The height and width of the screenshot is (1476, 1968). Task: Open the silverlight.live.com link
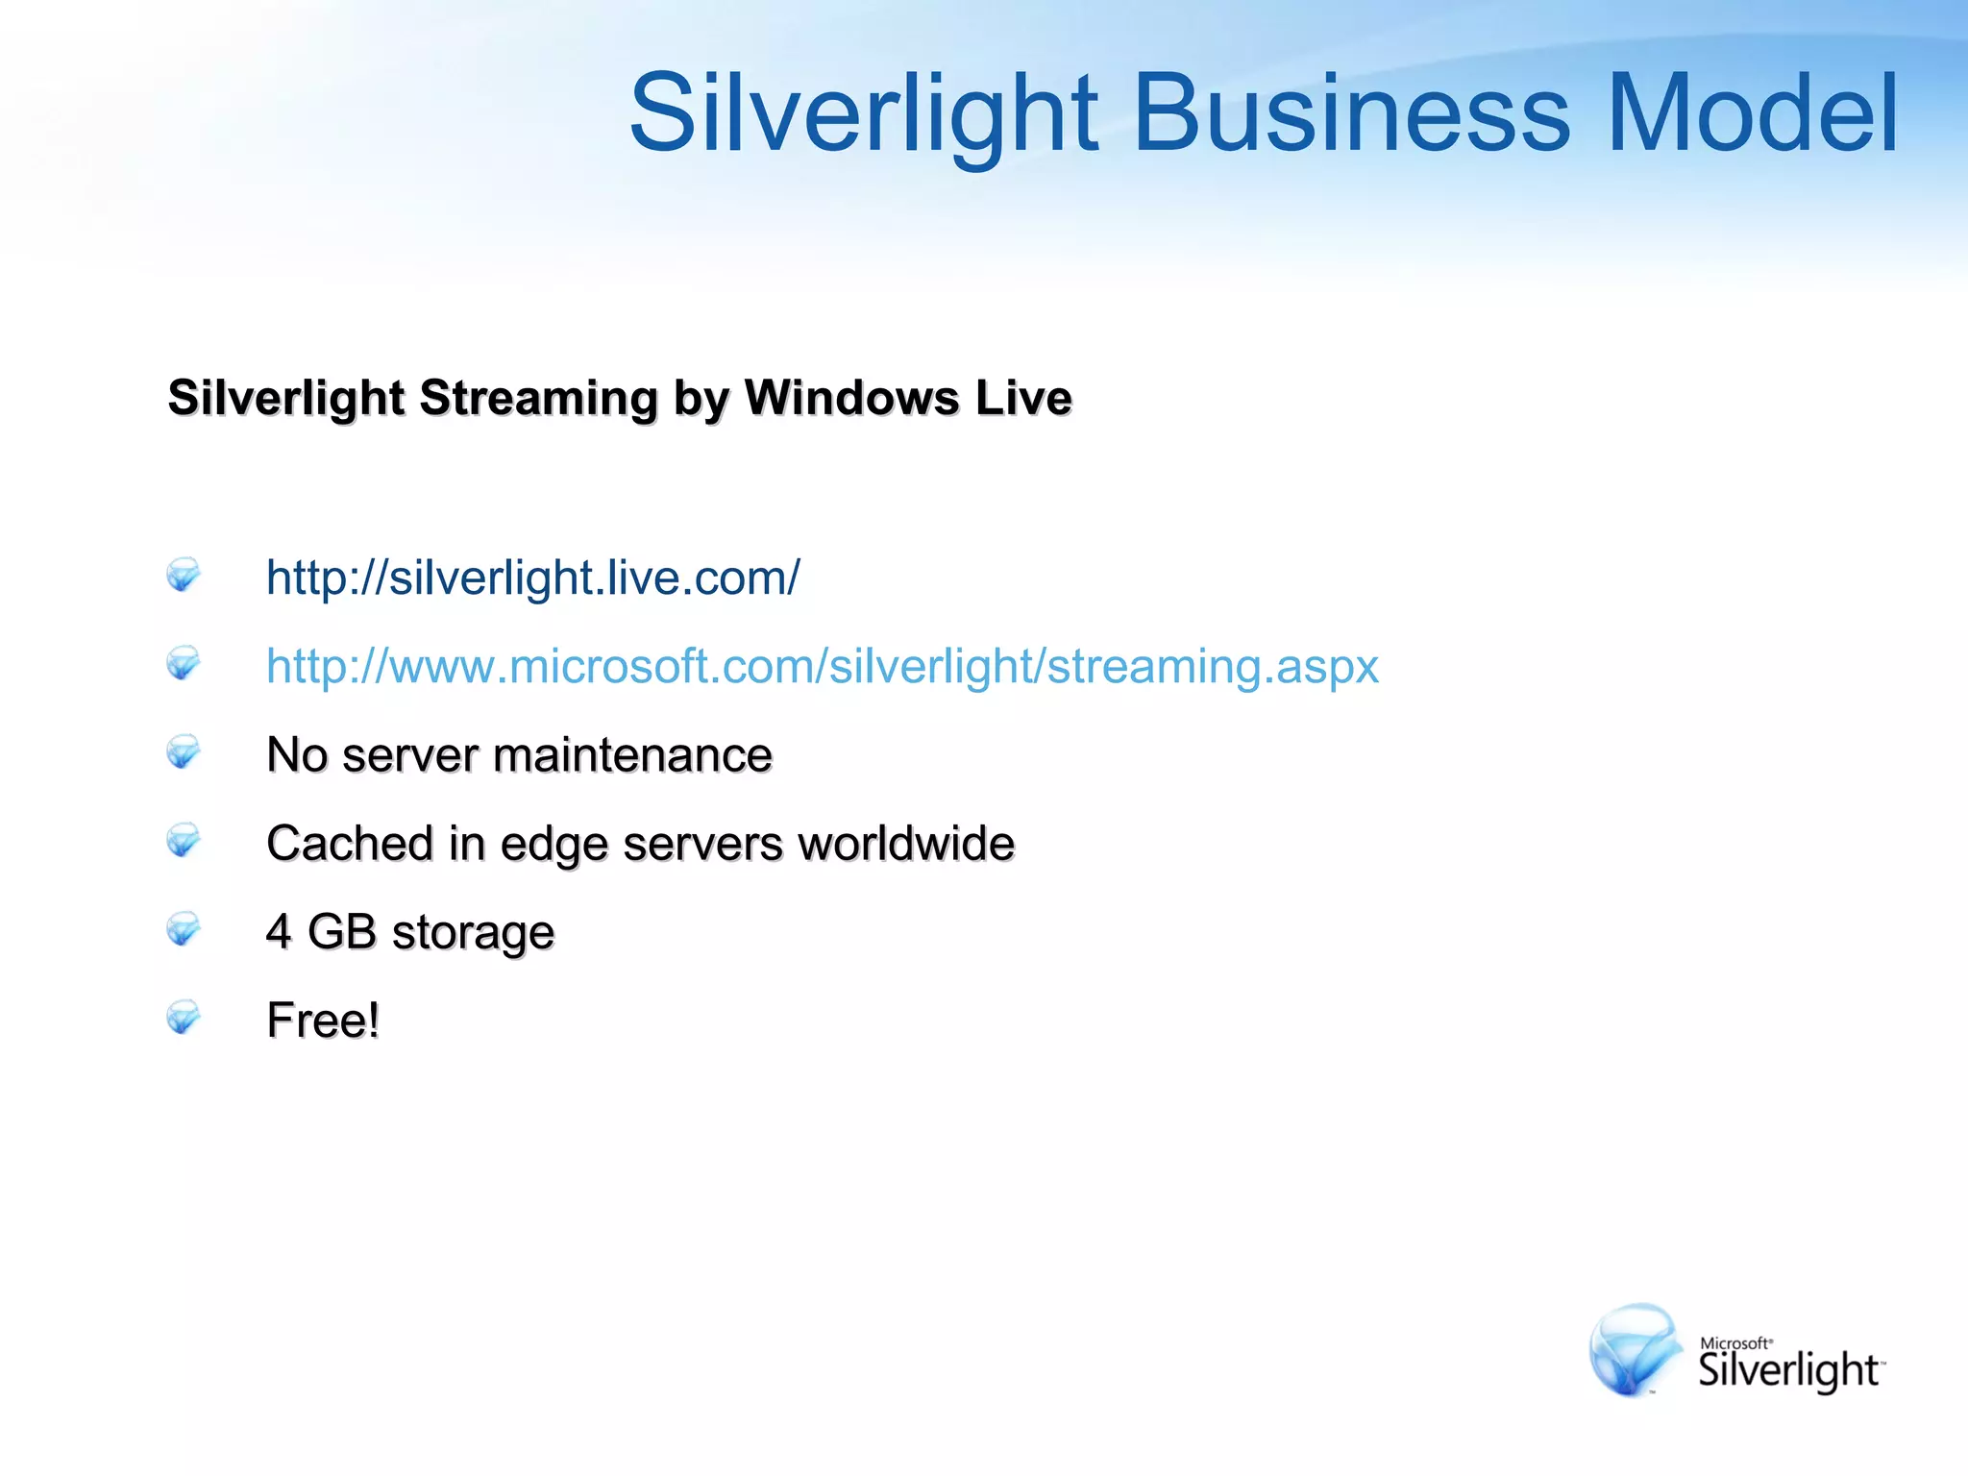[x=532, y=578]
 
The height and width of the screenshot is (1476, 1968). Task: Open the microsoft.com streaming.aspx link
[x=822, y=667]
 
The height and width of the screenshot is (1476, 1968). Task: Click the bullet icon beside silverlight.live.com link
[x=183, y=575]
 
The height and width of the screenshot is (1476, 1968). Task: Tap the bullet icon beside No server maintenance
[x=183, y=752]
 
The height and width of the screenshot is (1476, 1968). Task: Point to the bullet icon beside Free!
[x=183, y=1018]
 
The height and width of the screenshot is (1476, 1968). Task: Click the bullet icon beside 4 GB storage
[x=183, y=929]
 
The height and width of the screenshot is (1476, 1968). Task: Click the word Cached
[x=350, y=844]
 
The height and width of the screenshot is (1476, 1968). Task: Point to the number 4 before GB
[x=279, y=932]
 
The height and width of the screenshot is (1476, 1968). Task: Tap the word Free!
[x=323, y=1021]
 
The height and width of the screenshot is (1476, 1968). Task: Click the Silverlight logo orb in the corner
[x=1635, y=1349]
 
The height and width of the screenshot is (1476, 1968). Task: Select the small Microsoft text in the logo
[x=1735, y=1343]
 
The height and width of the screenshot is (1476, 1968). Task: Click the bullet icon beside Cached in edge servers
[x=183, y=841]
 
